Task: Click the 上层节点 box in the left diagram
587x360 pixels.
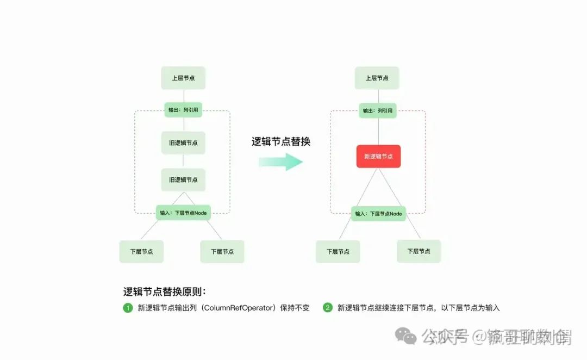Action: point(183,78)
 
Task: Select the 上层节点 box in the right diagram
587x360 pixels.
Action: point(377,78)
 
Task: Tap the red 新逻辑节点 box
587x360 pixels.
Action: point(378,157)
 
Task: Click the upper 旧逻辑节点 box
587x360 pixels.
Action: point(183,143)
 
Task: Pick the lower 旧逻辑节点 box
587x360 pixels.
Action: point(183,179)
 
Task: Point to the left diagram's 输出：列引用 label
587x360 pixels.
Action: point(183,110)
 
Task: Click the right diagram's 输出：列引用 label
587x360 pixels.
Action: point(377,111)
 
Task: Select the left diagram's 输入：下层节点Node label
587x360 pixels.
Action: point(183,213)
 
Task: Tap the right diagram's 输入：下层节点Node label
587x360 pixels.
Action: point(378,214)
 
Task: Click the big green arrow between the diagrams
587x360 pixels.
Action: point(280,161)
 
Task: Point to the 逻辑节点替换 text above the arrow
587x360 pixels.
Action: point(280,141)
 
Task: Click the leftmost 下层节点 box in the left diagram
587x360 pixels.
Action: point(141,252)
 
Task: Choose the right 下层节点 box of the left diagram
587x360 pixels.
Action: point(222,252)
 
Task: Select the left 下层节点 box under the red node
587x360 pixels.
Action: point(338,251)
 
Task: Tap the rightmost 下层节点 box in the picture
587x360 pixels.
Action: point(419,251)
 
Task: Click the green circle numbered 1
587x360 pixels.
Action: point(128,308)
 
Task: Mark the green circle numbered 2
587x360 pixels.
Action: point(327,308)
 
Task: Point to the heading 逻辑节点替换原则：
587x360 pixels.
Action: point(165,291)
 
